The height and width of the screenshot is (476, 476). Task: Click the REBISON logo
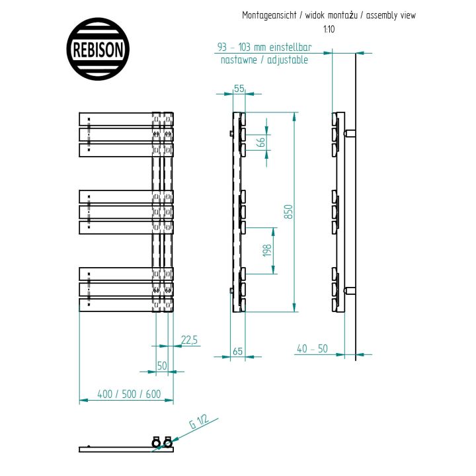pyautogui.click(x=98, y=49)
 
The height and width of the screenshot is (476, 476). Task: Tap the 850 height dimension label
pyautogui.click(x=289, y=212)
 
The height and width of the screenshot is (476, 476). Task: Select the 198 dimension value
pyautogui.click(x=267, y=250)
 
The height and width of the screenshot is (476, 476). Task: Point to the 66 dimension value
pyautogui.click(x=261, y=141)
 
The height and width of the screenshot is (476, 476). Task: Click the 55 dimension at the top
pyautogui.click(x=239, y=89)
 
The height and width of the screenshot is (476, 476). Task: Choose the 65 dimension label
pyautogui.click(x=238, y=351)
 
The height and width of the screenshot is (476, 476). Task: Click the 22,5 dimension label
pyautogui.click(x=189, y=340)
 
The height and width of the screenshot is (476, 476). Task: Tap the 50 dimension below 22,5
pyautogui.click(x=162, y=366)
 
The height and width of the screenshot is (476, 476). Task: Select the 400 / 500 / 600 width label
pyautogui.click(x=129, y=394)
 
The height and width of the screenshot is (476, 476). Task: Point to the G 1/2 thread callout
pyautogui.click(x=199, y=421)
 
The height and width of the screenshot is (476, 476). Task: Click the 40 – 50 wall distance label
pyautogui.click(x=312, y=348)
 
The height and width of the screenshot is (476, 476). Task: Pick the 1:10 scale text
pyautogui.click(x=329, y=29)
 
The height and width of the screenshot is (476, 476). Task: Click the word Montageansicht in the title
pyautogui.click(x=269, y=15)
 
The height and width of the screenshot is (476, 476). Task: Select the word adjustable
pyautogui.click(x=288, y=59)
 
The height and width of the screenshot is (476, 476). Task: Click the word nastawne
pyautogui.click(x=239, y=59)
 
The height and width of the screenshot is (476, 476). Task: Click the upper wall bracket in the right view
pyautogui.click(x=350, y=133)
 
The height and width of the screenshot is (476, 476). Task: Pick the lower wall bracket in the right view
pyautogui.click(x=350, y=290)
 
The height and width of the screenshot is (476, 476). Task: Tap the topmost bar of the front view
pyautogui.click(x=126, y=119)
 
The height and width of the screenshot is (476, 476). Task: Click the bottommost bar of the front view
pyautogui.click(x=126, y=305)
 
